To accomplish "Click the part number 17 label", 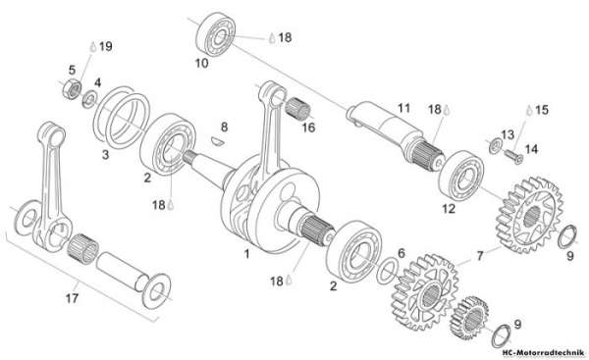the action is tap(72, 298).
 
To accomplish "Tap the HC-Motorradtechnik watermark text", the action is tap(543, 353).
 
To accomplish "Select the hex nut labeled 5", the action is tap(72, 89).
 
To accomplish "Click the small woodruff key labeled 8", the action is tap(217, 141).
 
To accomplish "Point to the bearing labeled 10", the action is tap(216, 34).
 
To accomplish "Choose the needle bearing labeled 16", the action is tap(298, 107).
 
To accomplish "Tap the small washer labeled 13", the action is tap(495, 145).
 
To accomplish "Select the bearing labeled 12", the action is tap(461, 176).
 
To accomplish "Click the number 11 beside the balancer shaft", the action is tap(403, 108).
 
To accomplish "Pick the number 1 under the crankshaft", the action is tap(246, 254).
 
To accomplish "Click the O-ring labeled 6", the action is tap(388, 271).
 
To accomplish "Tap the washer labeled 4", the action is tap(89, 99).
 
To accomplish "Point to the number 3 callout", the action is tap(106, 154).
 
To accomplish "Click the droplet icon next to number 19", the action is tap(93, 46).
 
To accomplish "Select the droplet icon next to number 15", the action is tap(529, 110).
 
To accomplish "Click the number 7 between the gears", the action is tap(480, 256).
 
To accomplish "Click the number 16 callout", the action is tap(309, 128).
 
